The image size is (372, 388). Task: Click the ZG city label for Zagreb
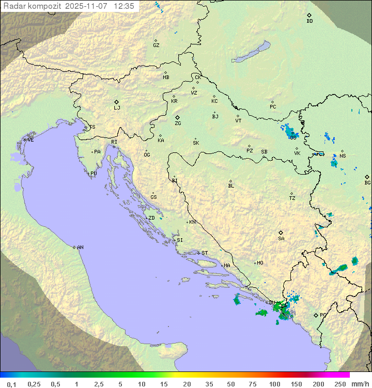pos(178,123)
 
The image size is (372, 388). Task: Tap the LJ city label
pos(117,108)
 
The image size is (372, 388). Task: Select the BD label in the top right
pos(309,21)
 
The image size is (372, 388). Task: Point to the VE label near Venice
pos(30,140)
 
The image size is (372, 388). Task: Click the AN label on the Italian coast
pos(80,247)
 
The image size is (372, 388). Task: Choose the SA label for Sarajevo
pos(281,238)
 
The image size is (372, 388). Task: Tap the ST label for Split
pos(205,253)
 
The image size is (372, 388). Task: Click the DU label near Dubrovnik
pos(272,303)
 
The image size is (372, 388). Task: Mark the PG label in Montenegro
pos(323,315)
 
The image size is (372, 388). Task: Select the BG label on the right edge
pos(367,182)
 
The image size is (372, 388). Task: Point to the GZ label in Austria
pos(156,45)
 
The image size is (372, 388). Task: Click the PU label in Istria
pos(94,174)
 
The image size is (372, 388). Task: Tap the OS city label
pos(293,137)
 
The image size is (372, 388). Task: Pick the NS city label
pos(343,156)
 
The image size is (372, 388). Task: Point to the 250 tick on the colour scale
pos(340,383)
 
